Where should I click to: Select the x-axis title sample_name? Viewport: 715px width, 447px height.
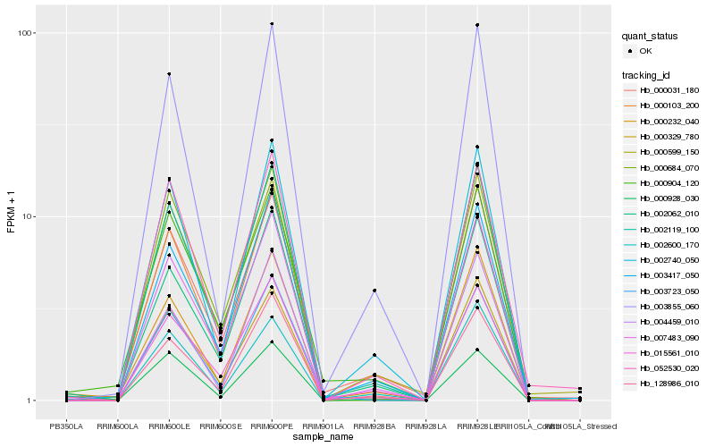pos(324,436)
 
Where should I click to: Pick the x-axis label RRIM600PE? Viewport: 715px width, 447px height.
pos(272,426)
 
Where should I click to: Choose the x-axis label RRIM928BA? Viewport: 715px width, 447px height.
pos(374,426)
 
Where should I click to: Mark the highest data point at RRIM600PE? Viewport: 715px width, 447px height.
pos(272,24)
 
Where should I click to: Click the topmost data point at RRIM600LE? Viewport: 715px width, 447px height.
pos(169,74)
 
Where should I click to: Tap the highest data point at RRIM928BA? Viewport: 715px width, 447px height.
pos(374,291)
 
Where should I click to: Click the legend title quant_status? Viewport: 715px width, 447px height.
pos(652,36)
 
